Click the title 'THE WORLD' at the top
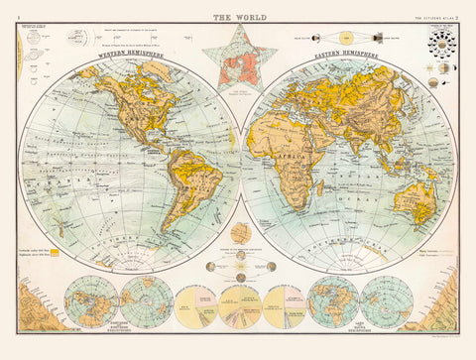tap(238, 16)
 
